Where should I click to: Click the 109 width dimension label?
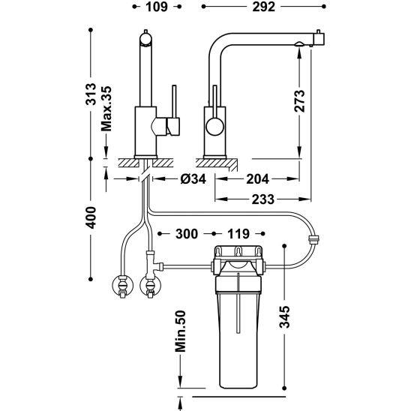[x=157, y=7]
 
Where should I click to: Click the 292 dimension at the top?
[x=264, y=7]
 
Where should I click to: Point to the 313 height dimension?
[x=91, y=94]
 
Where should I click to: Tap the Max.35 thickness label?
[x=106, y=109]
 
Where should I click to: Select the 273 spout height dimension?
[x=299, y=101]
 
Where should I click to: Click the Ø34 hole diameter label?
[x=193, y=179]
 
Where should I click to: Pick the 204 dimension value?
[x=258, y=179]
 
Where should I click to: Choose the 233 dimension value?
[x=263, y=199]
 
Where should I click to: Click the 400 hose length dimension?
[x=91, y=217]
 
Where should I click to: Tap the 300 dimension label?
[x=187, y=234]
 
